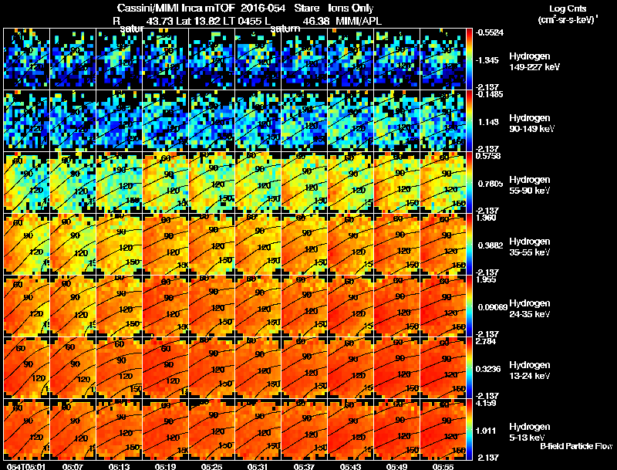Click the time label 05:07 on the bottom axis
[x=72, y=466]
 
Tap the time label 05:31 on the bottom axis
[x=257, y=466]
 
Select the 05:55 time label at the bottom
[x=442, y=466]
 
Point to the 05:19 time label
[x=165, y=466]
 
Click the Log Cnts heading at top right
[x=563, y=8]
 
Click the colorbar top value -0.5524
[x=491, y=32]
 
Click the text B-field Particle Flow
[x=575, y=446]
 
